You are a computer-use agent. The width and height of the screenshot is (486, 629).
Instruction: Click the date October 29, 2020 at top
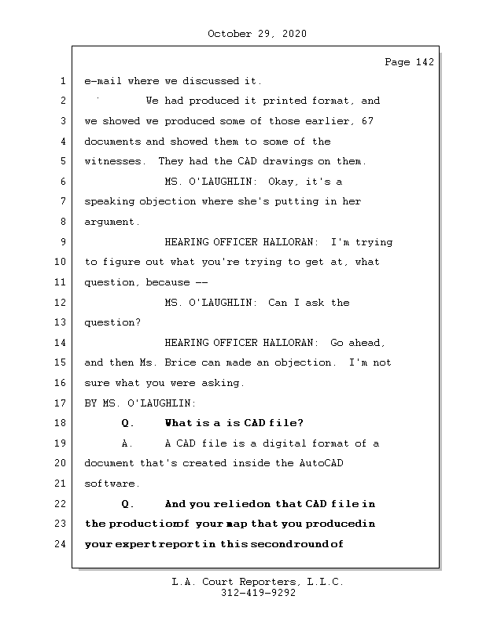tap(256, 34)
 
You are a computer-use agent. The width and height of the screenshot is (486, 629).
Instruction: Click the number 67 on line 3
tap(367, 122)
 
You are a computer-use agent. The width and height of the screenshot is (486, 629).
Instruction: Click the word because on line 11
tap(168, 282)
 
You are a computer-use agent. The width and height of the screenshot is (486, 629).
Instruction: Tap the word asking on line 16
tap(223, 384)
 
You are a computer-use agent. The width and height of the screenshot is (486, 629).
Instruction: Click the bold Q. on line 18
tap(128, 424)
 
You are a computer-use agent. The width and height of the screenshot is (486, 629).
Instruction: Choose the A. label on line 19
tap(128, 443)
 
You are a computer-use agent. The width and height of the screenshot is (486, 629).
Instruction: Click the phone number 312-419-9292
tap(257, 594)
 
